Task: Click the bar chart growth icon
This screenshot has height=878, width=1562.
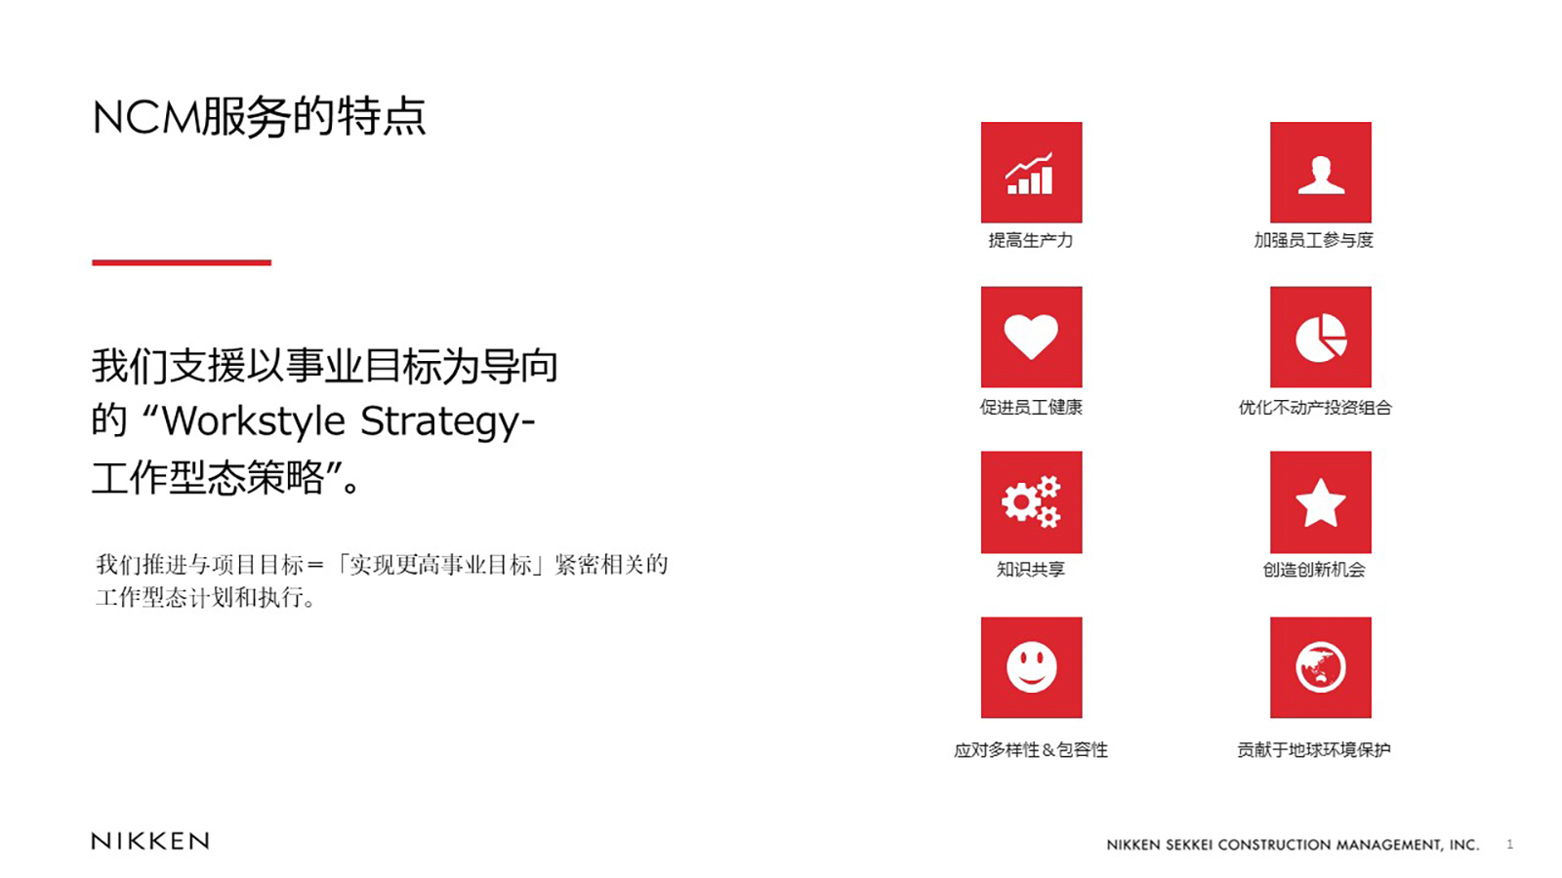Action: [x=1030, y=174]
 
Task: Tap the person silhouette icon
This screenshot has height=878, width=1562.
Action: [x=1320, y=175]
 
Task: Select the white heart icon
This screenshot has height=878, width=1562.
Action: [x=1031, y=337]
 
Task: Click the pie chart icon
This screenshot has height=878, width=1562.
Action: [x=1321, y=338]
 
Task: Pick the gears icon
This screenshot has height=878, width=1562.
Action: [x=1031, y=501]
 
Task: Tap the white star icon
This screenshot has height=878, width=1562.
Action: [x=1320, y=502]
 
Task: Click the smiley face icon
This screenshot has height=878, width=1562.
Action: [x=1031, y=667]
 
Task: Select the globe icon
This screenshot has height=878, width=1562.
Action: [x=1320, y=667]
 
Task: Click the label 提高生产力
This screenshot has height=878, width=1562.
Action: [x=1031, y=240]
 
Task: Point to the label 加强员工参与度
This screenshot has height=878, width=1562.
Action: [x=1313, y=240]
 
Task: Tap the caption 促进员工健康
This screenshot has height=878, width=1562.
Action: [x=1031, y=407]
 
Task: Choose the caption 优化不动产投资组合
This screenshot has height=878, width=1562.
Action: [x=1314, y=408]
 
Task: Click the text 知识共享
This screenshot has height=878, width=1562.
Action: [x=1031, y=570]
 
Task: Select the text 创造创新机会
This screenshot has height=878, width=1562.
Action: [x=1314, y=570]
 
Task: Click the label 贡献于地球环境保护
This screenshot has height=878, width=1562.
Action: [x=1314, y=750]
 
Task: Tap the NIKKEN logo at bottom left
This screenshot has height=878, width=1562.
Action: [x=150, y=841]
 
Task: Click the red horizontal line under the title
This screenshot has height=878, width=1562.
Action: [x=182, y=262]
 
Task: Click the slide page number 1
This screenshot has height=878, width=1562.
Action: [x=1509, y=845]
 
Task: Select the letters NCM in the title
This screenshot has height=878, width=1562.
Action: [x=146, y=117]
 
